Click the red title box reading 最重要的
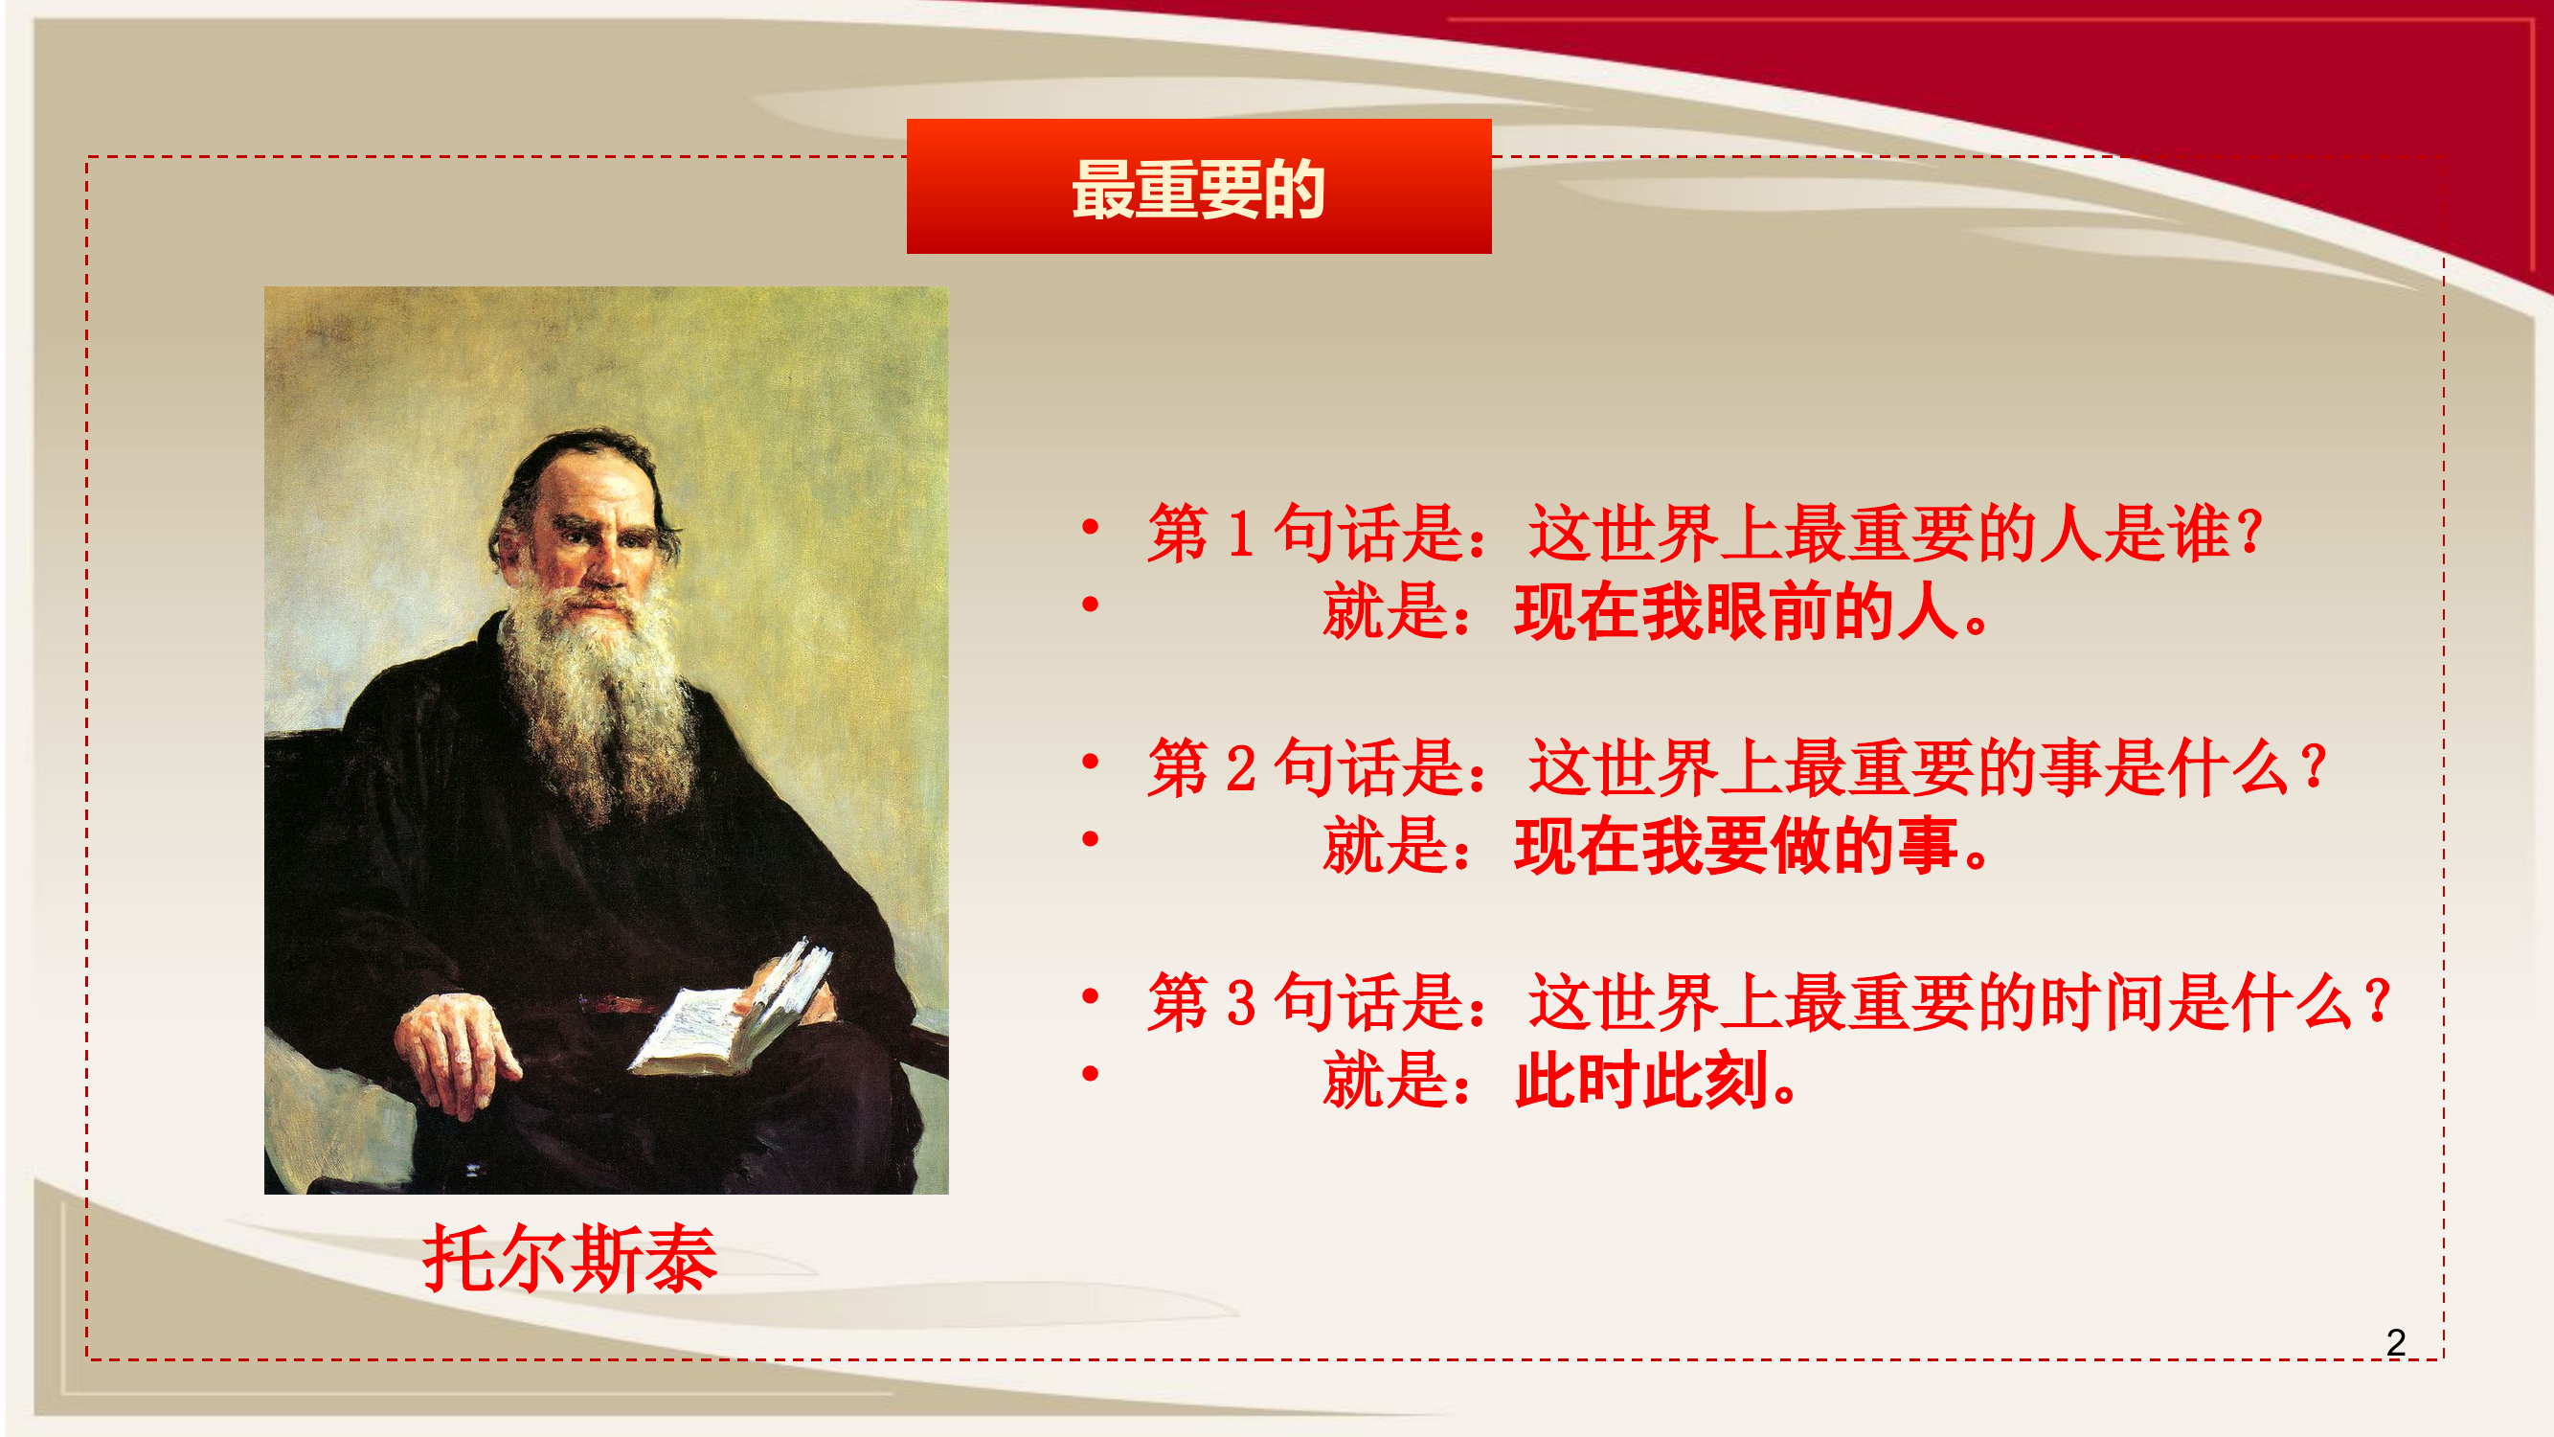coord(1198,187)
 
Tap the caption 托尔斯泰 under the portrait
coord(569,1258)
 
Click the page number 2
coord(2395,1343)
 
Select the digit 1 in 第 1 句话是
coord(1239,534)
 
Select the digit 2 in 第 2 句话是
coord(1240,768)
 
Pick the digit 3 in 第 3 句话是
coord(1240,1003)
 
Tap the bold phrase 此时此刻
coord(1640,1080)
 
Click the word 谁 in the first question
coord(2199,534)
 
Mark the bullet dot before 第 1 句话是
coord(1091,527)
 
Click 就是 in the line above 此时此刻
coord(1386,1080)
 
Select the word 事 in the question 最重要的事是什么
coord(2072,768)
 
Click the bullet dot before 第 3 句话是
coord(1091,995)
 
